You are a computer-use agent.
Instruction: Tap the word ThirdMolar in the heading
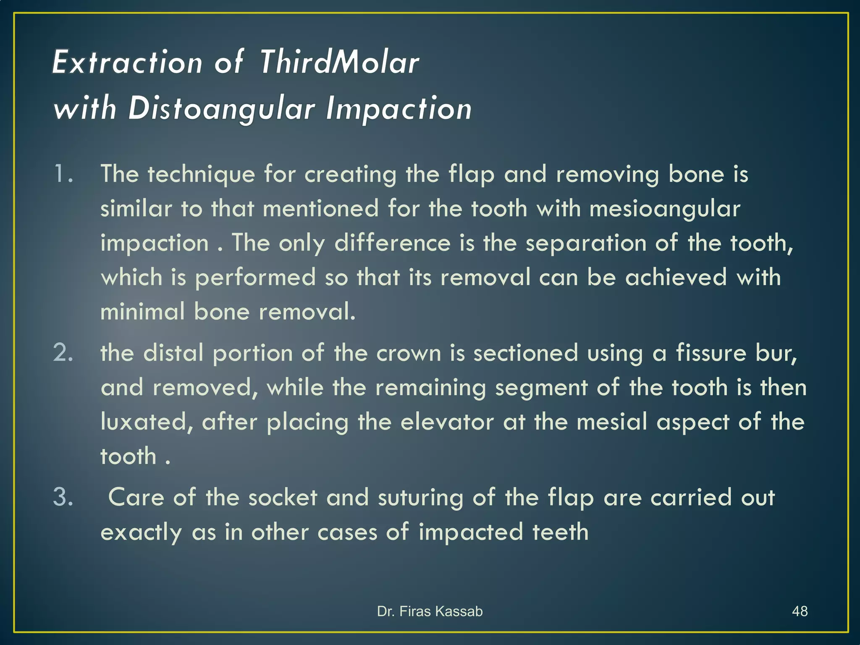340,63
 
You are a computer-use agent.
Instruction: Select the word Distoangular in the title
221,109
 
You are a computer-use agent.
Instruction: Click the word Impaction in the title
399,109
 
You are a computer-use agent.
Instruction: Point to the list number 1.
63,174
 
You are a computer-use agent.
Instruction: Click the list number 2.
63,353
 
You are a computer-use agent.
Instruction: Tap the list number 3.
63,497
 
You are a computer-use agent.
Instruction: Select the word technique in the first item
201,175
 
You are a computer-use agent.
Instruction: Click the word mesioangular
665,209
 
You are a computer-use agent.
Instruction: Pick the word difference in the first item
392,243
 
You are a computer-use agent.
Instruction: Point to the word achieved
676,278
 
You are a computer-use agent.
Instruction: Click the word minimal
142,312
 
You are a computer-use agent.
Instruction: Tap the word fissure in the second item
711,353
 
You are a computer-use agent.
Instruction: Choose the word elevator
447,422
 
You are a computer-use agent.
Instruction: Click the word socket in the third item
283,498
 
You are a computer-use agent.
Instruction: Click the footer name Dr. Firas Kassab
430,611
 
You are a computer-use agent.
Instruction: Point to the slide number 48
800,611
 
